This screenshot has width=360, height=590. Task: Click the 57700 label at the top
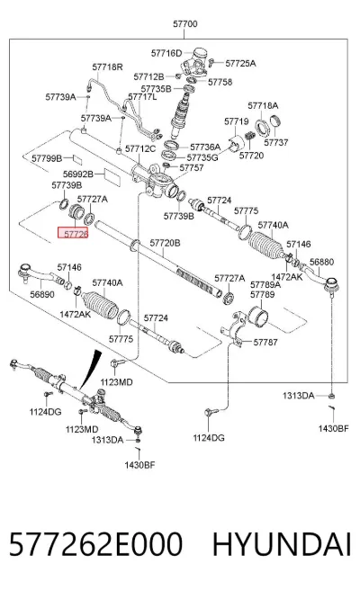184,24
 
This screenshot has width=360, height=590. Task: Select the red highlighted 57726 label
73,233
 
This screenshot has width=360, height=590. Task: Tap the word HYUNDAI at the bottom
282,544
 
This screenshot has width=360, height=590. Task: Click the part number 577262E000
95,544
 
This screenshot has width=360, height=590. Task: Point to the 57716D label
166,53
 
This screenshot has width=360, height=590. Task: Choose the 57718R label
108,67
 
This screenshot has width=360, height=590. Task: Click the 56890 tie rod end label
42,294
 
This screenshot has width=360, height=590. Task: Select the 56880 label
321,262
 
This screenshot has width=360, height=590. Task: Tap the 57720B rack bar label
165,243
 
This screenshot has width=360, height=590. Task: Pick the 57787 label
265,342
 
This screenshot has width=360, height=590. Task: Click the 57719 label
237,121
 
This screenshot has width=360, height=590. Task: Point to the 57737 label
276,142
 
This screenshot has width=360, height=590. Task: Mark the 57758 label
220,82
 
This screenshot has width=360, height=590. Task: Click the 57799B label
47,158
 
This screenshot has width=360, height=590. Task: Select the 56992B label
78,174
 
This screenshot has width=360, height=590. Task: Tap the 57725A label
240,63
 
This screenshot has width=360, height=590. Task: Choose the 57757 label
192,168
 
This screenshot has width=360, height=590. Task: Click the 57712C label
140,149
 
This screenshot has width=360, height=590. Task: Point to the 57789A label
265,285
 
